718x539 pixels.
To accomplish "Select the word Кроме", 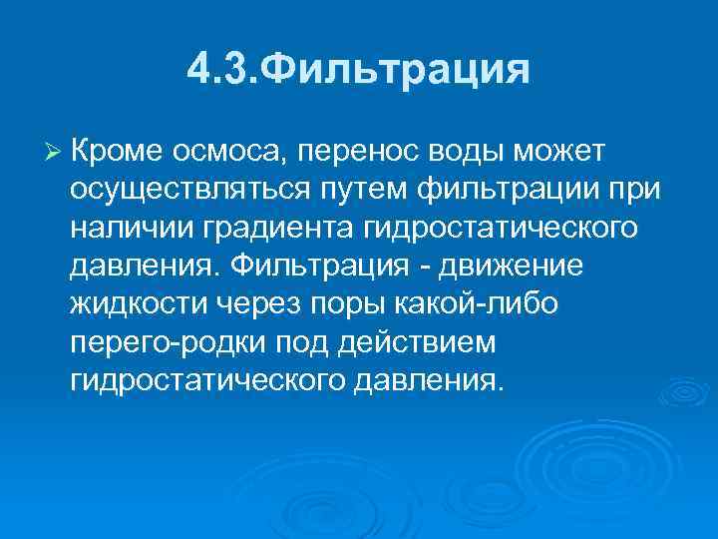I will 116,150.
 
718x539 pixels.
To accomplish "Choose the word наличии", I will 134,228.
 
